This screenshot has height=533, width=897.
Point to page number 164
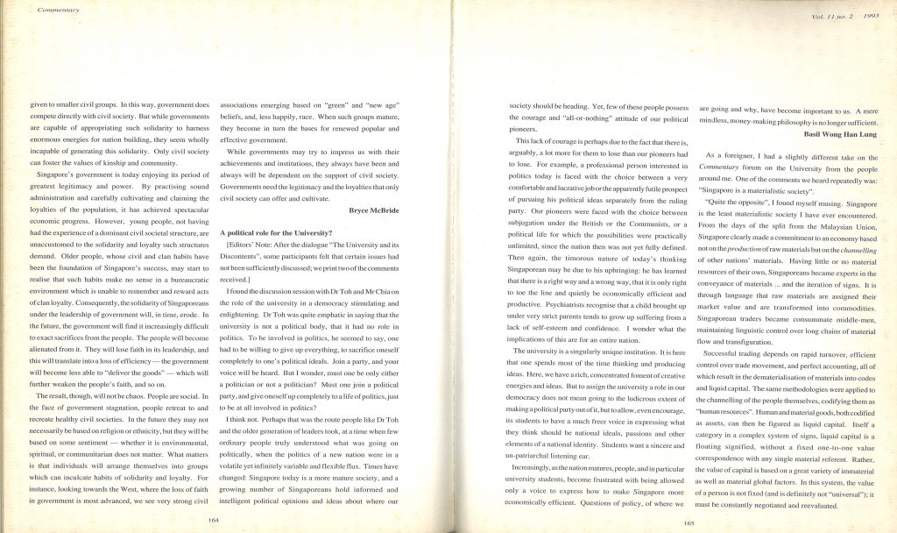click(x=213, y=519)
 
